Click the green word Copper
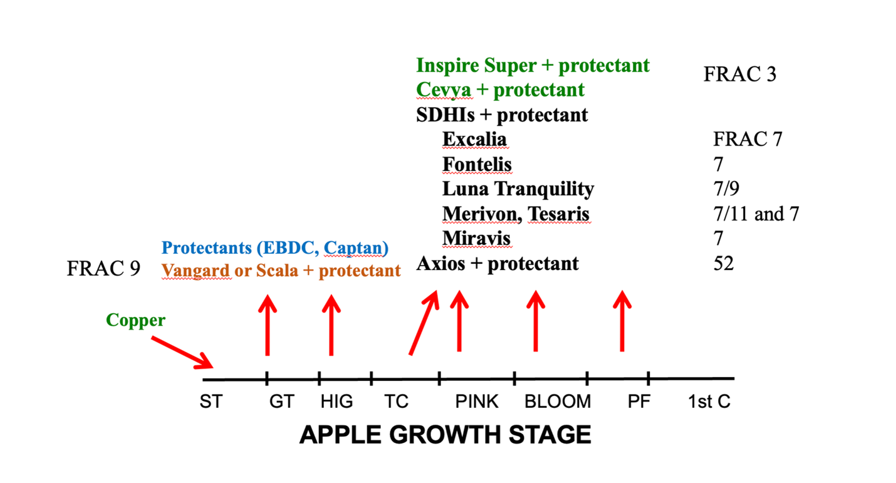click(x=135, y=321)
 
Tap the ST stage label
click(x=211, y=402)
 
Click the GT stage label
click(x=281, y=402)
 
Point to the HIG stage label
click(x=336, y=402)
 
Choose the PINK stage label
click(x=477, y=402)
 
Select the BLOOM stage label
click(x=557, y=402)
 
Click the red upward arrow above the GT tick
click(x=268, y=326)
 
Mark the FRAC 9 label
click(x=103, y=269)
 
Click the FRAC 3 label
click(x=739, y=75)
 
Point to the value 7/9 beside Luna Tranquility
click(x=726, y=189)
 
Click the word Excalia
click(x=474, y=139)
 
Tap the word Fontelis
click(x=477, y=164)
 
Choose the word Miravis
click(x=476, y=239)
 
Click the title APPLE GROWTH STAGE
click(x=445, y=435)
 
